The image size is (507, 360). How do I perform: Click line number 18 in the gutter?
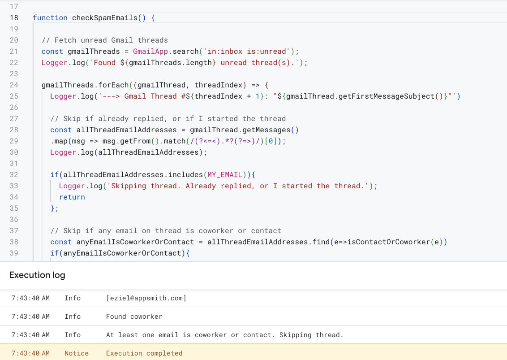pyautogui.click(x=14, y=18)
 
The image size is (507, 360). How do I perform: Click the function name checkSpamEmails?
pyautogui.click(x=105, y=18)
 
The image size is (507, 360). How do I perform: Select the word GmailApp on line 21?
pyautogui.click(x=150, y=52)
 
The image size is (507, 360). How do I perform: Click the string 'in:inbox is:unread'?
pyautogui.click(x=247, y=52)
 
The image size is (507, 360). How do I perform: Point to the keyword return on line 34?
pyautogui.click(x=72, y=197)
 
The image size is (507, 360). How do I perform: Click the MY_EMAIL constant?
pyautogui.click(x=225, y=175)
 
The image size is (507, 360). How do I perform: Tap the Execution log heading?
pyautogui.click(x=37, y=275)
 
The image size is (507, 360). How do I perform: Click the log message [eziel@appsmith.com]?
pyautogui.click(x=146, y=298)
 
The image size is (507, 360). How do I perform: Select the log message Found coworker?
pyautogui.click(x=134, y=317)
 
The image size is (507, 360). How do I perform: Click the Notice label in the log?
pyautogui.click(x=77, y=354)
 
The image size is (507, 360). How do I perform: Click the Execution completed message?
pyautogui.click(x=144, y=354)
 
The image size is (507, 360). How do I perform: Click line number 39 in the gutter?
pyautogui.click(x=14, y=253)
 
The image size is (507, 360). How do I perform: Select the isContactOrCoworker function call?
pyautogui.click(x=389, y=242)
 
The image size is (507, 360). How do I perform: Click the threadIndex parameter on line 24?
pyautogui.click(x=218, y=85)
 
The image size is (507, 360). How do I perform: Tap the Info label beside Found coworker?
pyautogui.click(x=73, y=317)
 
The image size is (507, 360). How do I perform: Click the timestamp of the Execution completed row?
pyautogui.click(x=30, y=354)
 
